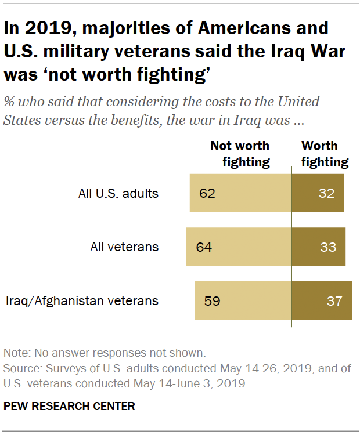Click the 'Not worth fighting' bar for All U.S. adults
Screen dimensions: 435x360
(240, 193)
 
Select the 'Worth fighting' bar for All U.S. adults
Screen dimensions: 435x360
(318, 193)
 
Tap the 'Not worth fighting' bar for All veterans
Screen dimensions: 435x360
(239, 247)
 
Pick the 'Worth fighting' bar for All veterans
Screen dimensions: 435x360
(318, 247)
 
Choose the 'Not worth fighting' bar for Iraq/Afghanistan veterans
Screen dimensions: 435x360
(243, 301)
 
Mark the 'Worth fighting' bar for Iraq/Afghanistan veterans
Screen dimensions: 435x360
(322, 301)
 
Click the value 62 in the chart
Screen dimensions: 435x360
(206, 193)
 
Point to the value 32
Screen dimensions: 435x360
(326, 193)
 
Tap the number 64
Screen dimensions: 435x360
(203, 247)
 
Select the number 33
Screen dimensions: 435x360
(328, 247)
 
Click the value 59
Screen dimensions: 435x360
(212, 301)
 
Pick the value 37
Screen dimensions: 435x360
(334, 301)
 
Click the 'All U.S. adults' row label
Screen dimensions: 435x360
(118, 193)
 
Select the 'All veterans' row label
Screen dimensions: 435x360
(124, 247)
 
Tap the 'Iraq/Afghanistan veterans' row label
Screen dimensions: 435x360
(82, 301)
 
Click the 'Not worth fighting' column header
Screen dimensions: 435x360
(240, 154)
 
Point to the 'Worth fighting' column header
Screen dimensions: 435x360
(320, 154)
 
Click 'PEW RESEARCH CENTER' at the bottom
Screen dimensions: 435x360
(69, 406)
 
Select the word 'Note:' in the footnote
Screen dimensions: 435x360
(17, 353)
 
